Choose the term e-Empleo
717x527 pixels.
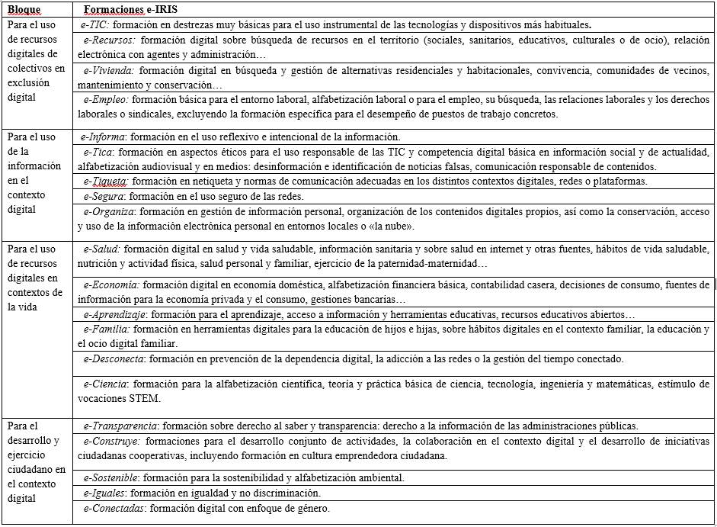105,100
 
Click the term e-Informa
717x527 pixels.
104,137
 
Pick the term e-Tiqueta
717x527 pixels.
105,182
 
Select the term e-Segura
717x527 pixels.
104,196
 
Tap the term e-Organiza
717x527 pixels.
109,211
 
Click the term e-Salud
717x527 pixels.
101,249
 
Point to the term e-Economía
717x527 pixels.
110,284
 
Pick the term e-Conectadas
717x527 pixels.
112,508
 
